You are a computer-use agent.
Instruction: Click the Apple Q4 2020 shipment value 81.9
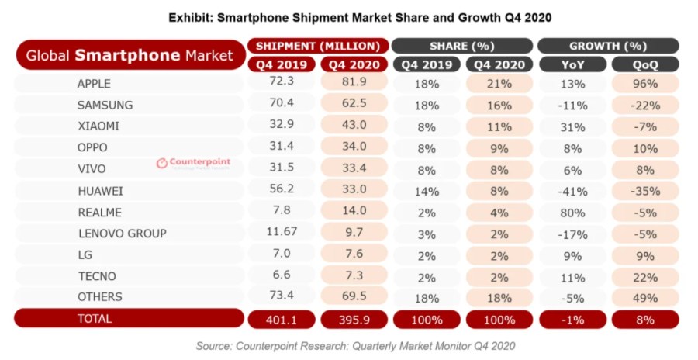[352, 83]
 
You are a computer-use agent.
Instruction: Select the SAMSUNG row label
[105, 105]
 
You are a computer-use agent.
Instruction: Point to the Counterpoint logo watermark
[194, 163]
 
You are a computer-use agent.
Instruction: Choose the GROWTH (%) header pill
[608, 46]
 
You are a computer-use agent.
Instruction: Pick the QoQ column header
[644, 64]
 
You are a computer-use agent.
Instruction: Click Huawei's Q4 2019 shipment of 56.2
[281, 190]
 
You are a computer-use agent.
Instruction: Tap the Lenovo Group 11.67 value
[281, 233]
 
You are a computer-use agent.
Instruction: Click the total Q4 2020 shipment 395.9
[352, 319]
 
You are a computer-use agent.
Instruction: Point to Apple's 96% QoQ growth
[644, 83]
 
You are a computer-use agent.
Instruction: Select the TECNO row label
[98, 275]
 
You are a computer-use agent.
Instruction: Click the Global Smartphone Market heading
[130, 56]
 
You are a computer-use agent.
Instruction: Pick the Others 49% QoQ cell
[644, 297]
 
